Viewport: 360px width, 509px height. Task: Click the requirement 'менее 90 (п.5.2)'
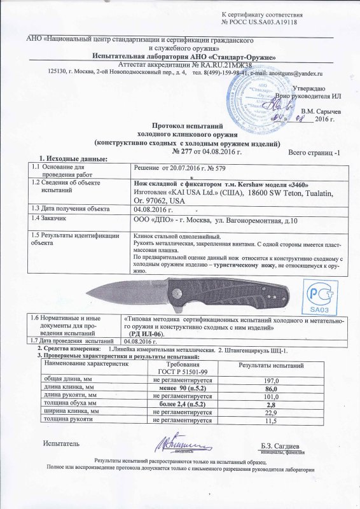[183, 387]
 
